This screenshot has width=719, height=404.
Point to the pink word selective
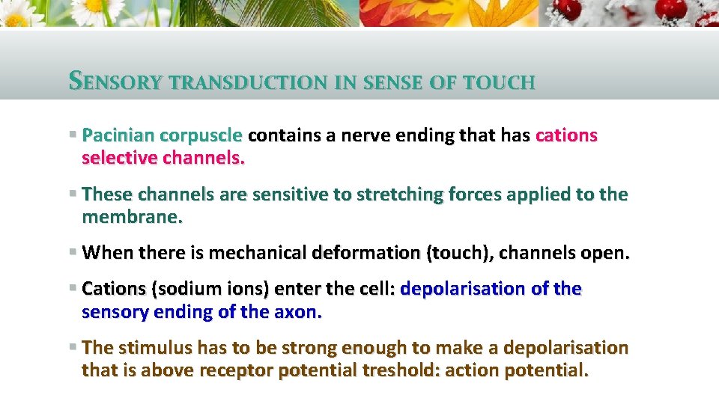(x=119, y=159)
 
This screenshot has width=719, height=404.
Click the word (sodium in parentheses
(x=179, y=289)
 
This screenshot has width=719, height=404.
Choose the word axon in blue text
(x=297, y=312)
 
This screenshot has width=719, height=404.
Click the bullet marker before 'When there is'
(x=72, y=252)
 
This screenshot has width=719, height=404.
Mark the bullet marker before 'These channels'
(x=72, y=194)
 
